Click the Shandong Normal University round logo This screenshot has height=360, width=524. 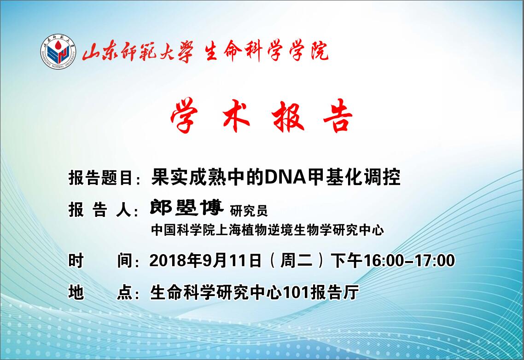coord(58,52)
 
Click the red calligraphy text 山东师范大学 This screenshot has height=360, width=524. coord(138,52)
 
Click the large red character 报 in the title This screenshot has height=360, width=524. coord(288,116)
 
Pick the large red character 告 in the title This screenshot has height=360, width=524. coord(338,116)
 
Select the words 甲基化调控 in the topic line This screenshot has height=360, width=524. coord(354,177)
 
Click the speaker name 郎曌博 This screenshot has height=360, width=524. coord(186,208)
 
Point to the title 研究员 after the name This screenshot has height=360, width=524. coord(249,211)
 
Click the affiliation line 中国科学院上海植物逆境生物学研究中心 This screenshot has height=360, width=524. coord(268,230)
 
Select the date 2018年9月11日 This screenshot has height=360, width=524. coord(205,261)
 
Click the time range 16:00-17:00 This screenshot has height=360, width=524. coord(409,261)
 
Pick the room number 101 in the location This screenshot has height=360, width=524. coord(297,293)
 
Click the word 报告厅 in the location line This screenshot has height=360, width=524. coord(335,293)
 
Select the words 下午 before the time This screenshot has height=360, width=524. coord(347,261)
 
